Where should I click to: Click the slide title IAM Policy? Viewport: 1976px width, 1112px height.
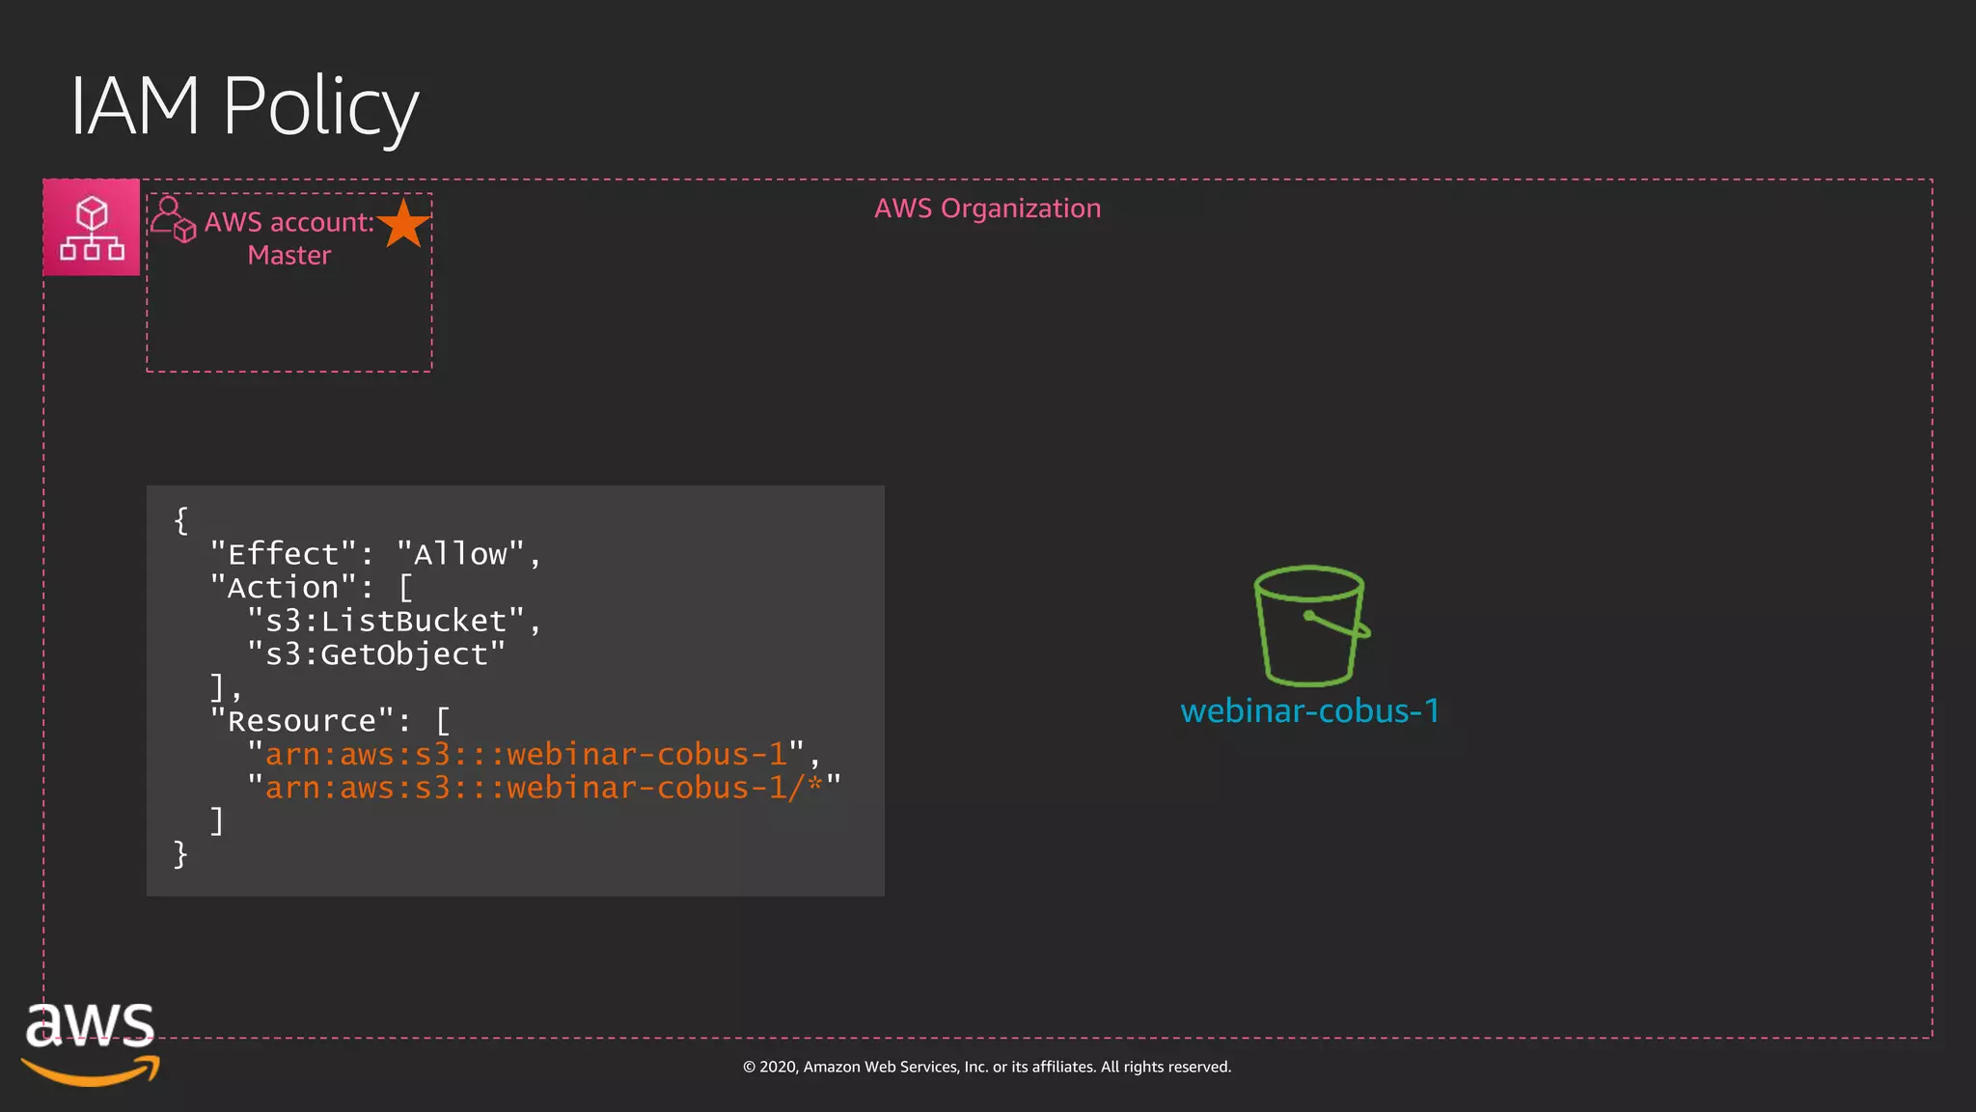(x=244, y=106)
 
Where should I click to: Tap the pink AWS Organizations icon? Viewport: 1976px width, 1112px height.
(x=92, y=228)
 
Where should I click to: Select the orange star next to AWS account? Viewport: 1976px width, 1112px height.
(x=403, y=224)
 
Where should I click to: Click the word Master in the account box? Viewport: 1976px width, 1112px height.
(x=288, y=256)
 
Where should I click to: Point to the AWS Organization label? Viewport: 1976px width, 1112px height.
(x=987, y=208)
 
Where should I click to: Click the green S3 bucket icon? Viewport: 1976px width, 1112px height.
(x=1309, y=625)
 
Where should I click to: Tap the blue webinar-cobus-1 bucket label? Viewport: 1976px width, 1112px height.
(x=1309, y=711)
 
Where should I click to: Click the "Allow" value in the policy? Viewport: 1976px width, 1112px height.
(x=460, y=554)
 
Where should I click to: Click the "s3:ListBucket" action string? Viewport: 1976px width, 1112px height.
(x=386, y=621)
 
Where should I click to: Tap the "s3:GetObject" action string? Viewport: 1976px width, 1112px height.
(x=376, y=654)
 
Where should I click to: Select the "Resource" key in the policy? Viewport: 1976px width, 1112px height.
(x=301, y=721)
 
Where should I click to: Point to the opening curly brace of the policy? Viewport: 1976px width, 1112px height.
(x=180, y=520)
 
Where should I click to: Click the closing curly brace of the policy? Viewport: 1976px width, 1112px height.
(x=180, y=854)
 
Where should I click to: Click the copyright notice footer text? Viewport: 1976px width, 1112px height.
(x=987, y=1067)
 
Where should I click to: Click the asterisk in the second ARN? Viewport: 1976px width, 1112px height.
(x=815, y=784)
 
